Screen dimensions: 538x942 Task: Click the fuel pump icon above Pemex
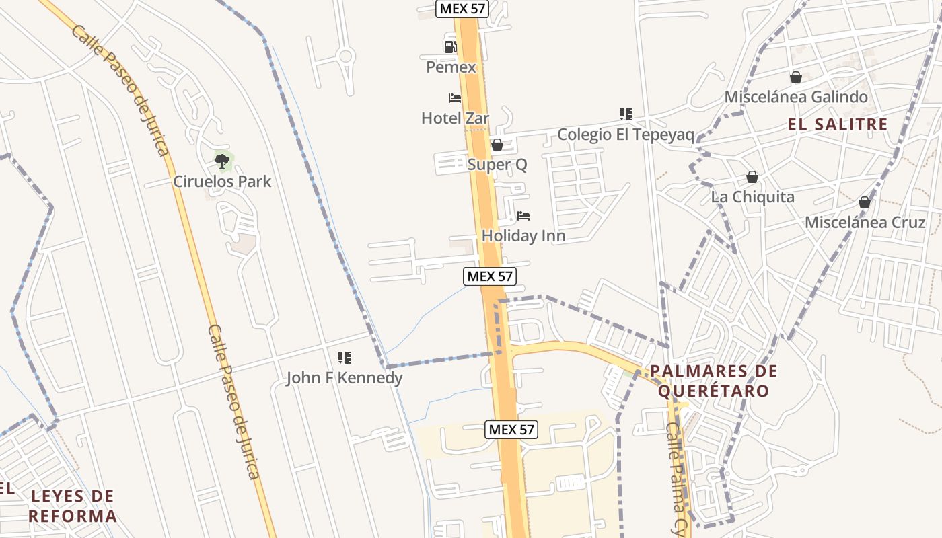[450, 46]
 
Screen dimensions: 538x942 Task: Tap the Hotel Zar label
[455, 118]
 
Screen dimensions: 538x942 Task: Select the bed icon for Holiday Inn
[523, 216]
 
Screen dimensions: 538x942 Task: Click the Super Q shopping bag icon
[497, 145]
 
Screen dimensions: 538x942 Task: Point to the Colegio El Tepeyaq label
[625, 134]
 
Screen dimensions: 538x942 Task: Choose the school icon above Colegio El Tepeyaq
[626, 114]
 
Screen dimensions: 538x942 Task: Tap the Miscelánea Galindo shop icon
[796, 77]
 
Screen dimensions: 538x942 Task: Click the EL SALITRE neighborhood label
[838, 124]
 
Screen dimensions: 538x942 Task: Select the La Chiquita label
[752, 197]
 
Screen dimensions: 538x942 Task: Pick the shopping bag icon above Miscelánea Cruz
[865, 202]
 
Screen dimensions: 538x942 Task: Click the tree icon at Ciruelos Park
[222, 161]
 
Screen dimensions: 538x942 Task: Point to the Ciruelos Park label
[223, 181]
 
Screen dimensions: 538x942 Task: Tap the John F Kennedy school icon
[345, 358]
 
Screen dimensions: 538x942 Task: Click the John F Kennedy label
[345, 377]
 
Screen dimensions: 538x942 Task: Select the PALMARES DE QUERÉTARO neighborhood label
[713, 381]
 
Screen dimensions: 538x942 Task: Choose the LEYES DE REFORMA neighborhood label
[73, 506]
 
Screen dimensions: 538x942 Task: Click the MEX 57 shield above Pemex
[462, 9]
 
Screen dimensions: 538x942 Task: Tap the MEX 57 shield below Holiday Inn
[490, 276]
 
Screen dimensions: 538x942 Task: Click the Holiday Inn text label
[523, 236]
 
